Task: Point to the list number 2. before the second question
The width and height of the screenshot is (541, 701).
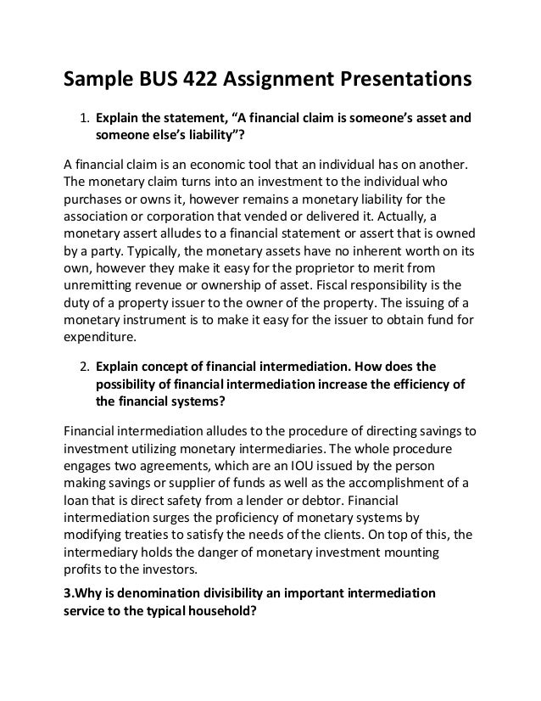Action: pos(84,367)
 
